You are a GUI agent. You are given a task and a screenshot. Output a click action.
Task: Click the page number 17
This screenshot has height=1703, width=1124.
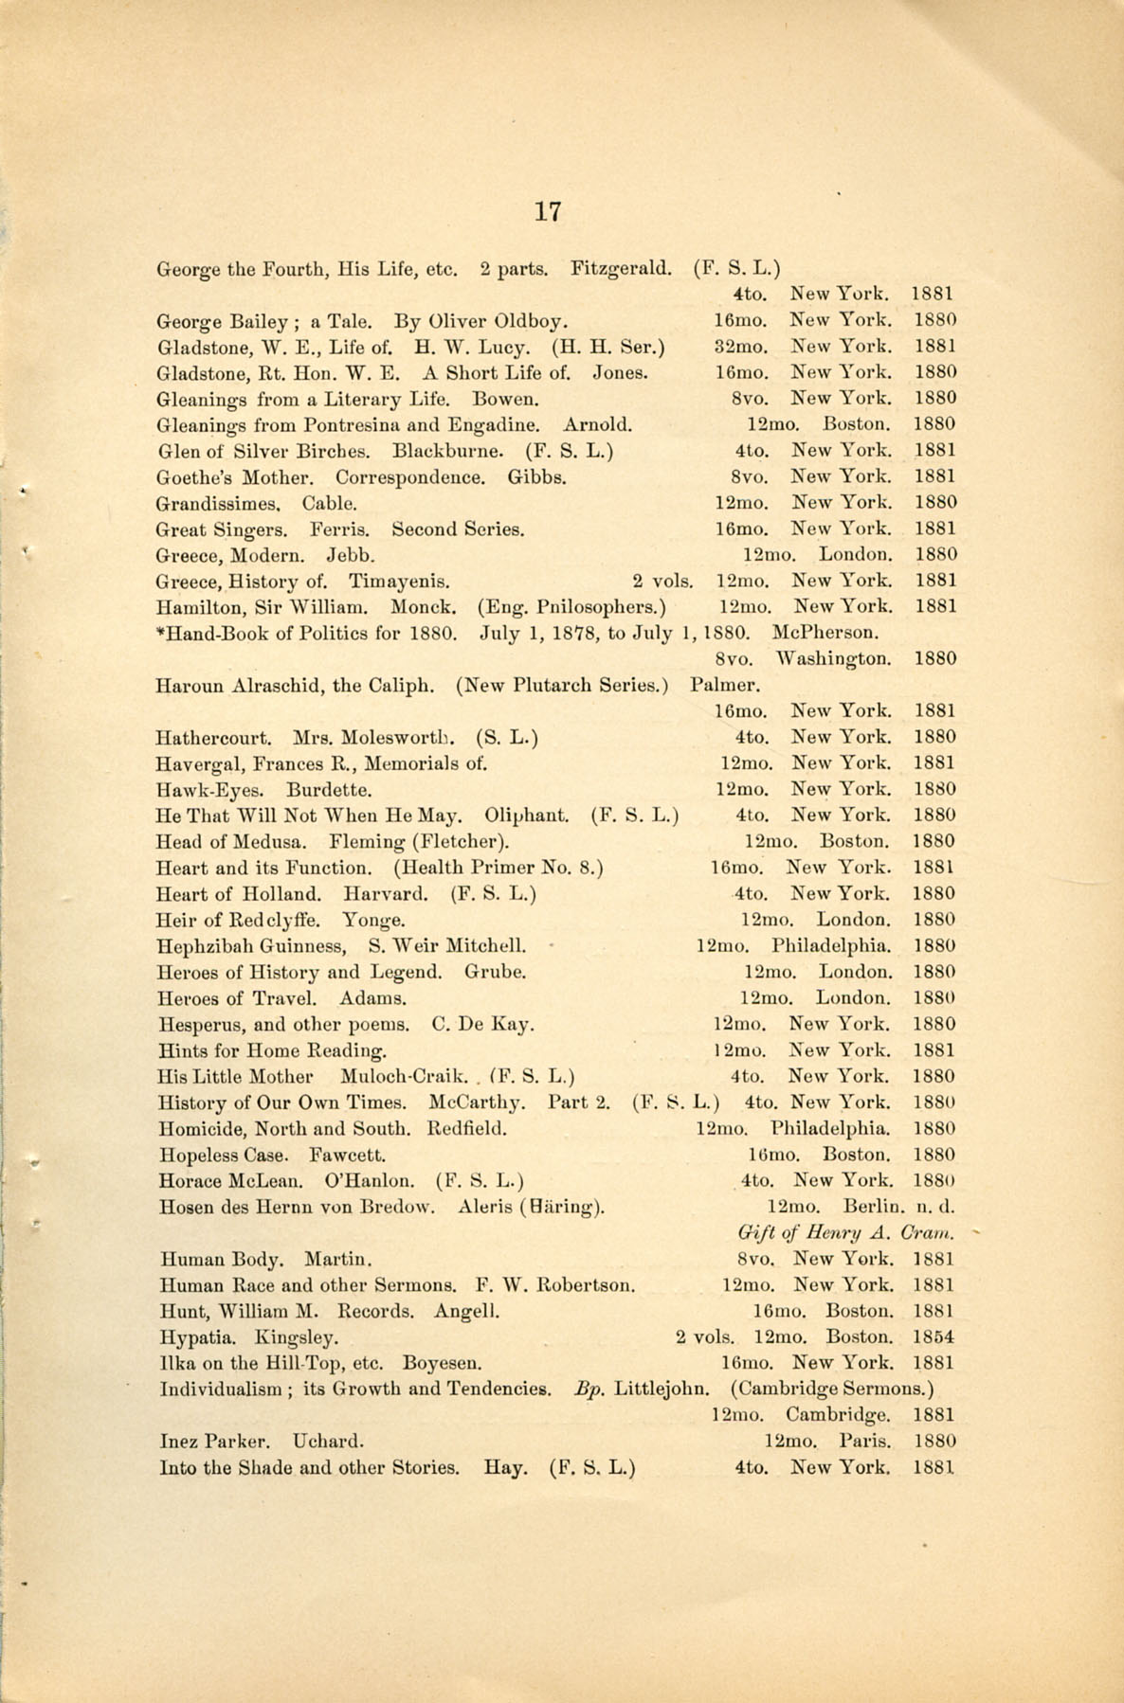[x=548, y=211]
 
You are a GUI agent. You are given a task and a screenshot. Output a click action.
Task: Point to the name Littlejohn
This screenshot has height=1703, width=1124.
[x=662, y=1389]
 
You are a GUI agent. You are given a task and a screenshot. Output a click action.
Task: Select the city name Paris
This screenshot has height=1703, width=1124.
[x=864, y=1442]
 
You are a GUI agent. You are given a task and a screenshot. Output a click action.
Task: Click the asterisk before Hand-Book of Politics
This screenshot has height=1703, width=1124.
[x=160, y=631]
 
